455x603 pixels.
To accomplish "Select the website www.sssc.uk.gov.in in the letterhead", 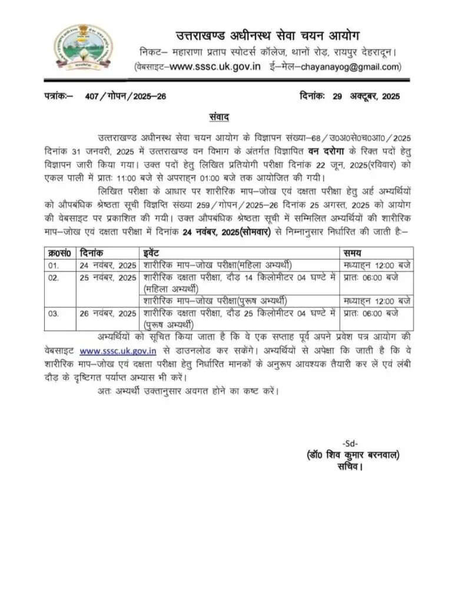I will [x=215, y=67].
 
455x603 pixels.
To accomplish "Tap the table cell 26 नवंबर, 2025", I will [x=108, y=313].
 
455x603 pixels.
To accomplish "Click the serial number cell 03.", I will [x=54, y=313].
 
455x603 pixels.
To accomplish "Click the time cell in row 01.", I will [x=376, y=265].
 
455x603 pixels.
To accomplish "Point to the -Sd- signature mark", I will [x=350, y=443].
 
